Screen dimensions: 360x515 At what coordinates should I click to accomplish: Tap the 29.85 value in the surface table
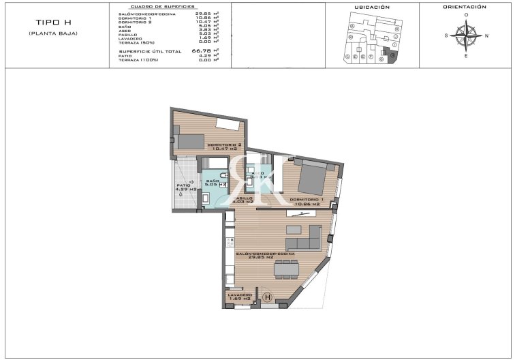click(x=202, y=14)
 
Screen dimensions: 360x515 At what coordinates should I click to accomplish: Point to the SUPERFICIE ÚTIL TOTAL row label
click(x=150, y=51)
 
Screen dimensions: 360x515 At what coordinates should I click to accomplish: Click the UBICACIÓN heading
click(x=372, y=7)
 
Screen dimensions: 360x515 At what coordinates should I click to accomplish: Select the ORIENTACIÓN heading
click(x=465, y=7)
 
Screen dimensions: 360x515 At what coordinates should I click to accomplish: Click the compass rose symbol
click(x=466, y=35)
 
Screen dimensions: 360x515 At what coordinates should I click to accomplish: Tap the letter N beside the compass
click(x=486, y=35)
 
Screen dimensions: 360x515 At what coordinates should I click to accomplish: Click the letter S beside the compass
click(x=446, y=35)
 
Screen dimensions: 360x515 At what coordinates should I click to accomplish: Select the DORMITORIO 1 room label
click(x=306, y=200)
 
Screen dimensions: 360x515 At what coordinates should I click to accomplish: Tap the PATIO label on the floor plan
click(x=183, y=185)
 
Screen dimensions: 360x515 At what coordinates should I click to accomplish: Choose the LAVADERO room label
click(x=239, y=295)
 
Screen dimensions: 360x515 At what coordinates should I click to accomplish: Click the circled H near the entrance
click(x=268, y=297)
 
